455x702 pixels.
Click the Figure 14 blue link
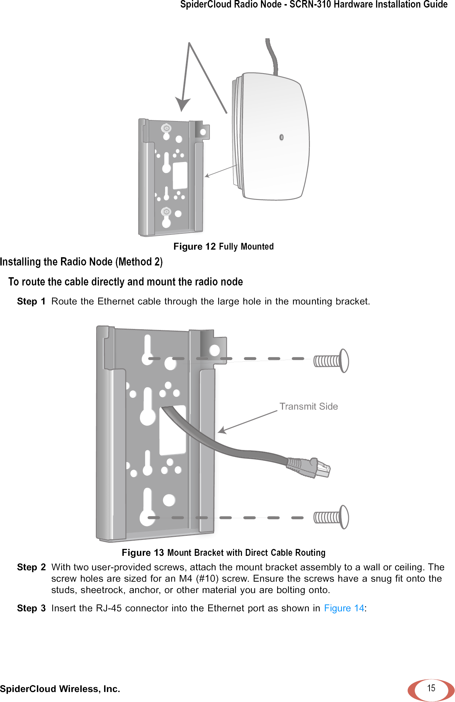344,608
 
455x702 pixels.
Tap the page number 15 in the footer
431,688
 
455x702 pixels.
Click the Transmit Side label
309,407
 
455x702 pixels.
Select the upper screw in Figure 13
331,361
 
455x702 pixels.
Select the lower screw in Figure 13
331,517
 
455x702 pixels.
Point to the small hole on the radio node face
281,137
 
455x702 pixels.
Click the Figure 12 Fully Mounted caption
223,247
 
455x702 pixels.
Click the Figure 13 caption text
223,553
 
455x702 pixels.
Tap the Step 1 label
31,302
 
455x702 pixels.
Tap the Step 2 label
31,567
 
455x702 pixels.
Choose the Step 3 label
31,608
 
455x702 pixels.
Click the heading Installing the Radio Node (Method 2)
81,262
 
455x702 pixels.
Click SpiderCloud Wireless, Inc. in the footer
60,689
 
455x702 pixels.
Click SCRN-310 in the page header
310,4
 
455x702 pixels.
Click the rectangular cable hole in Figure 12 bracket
180,175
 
